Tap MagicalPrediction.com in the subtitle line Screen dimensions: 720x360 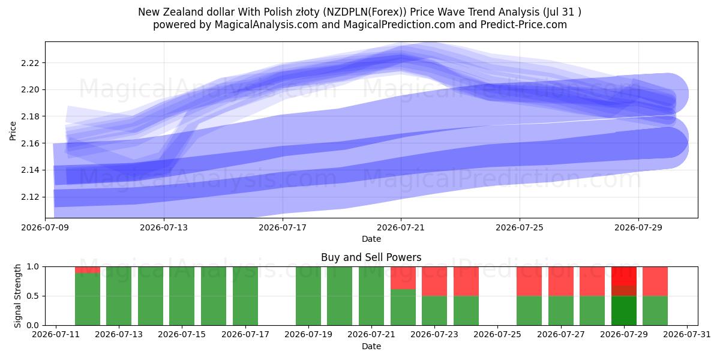(x=399, y=25)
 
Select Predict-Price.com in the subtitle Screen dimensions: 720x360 (x=524, y=25)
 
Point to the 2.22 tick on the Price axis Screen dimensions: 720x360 (x=30, y=63)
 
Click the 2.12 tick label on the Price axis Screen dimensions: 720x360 (x=30, y=197)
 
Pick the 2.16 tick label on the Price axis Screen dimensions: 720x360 (x=30, y=143)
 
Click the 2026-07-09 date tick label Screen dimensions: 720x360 (x=45, y=227)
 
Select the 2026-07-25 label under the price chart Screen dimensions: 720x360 (x=520, y=227)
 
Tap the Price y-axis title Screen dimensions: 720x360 (x=13, y=131)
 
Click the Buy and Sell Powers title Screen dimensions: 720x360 (x=371, y=257)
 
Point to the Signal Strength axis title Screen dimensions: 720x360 (x=17, y=296)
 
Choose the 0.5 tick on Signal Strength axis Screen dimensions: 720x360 (x=33, y=296)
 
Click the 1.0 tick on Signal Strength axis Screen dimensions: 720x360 (x=33, y=267)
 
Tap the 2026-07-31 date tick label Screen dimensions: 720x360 (x=687, y=335)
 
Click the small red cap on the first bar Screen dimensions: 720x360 (x=88, y=269)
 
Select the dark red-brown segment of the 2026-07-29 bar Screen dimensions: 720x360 (x=623, y=290)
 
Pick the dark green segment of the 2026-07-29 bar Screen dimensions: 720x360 (x=623, y=311)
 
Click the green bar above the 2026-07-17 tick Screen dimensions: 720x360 (x=245, y=296)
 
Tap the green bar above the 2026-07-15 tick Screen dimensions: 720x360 (x=182, y=296)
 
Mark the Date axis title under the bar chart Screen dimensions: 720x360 (x=371, y=346)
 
